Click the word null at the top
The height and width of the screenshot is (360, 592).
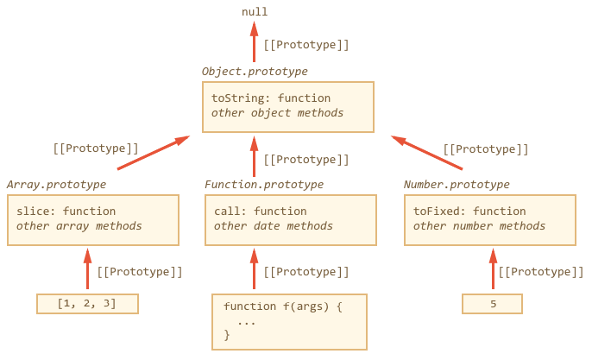click(255, 12)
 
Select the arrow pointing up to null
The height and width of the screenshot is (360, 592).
click(254, 41)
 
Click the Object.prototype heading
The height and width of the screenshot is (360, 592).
click(255, 72)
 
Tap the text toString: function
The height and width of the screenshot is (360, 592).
click(271, 98)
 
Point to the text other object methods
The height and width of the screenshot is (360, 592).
click(277, 113)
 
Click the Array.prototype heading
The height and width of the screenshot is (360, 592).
click(56, 185)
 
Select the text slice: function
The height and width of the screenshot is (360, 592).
click(66, 211)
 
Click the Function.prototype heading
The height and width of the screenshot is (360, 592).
click(264, 185)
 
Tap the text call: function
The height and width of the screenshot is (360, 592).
click(260, 211)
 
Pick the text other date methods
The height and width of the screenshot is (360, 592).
click(274, 226)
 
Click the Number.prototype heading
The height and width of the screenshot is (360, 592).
click(457, 185)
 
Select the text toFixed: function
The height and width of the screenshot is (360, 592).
click(469, 211)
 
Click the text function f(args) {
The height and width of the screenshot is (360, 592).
click(282, 306)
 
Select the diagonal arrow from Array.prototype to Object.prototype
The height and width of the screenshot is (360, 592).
click(154, 153)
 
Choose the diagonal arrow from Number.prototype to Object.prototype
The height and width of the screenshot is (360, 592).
click(426, 153)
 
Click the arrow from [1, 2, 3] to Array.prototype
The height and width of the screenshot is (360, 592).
click(88, 269)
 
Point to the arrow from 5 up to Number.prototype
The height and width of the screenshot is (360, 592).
click(493, 269)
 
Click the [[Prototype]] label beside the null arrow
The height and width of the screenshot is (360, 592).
click(306, 45)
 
